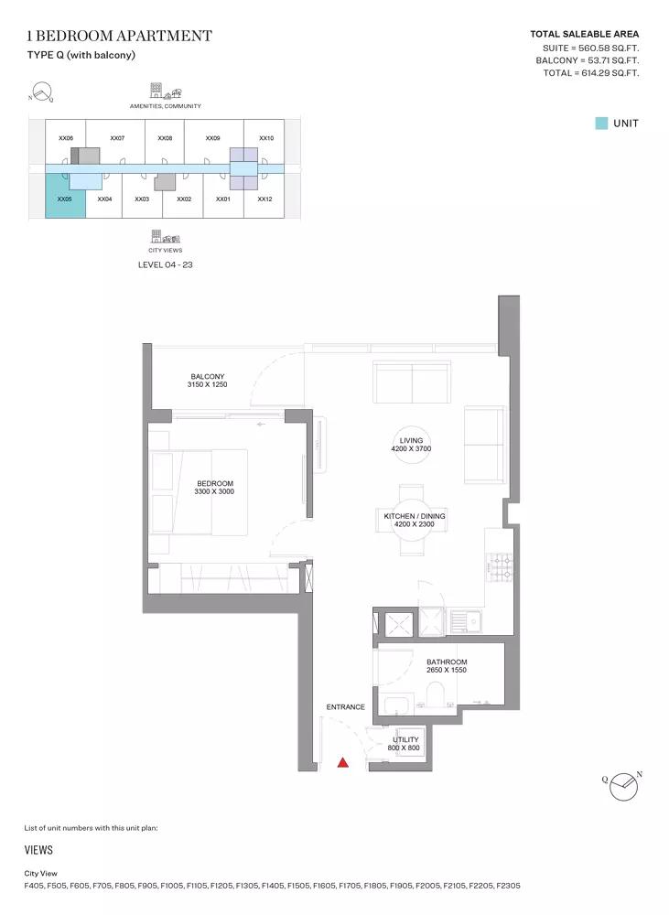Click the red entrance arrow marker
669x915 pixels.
342,761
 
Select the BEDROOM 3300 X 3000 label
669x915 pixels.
214,488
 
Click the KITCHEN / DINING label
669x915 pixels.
415,520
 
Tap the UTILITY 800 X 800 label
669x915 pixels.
405,743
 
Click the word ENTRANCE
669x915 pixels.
346,706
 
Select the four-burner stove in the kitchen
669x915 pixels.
499,568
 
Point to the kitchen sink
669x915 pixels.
465,622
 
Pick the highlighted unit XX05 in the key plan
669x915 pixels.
65,196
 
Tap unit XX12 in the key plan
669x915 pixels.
264,199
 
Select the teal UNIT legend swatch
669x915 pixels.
601,124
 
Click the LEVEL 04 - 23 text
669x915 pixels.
166,264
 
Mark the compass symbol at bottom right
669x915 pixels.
623,786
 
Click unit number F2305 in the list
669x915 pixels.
509,885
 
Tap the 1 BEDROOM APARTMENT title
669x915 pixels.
119,36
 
